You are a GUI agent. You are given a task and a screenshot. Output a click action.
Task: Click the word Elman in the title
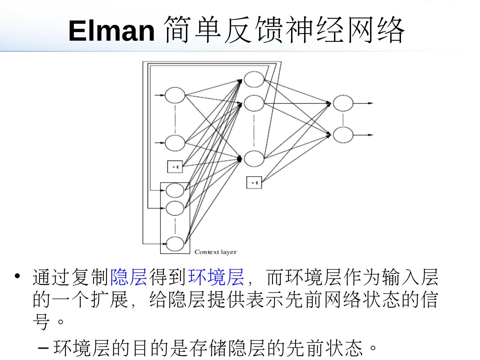[x=112, y=31]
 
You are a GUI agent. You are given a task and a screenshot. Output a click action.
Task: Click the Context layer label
[x=215, y=252]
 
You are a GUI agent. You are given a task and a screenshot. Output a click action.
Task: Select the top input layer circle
[x=175, y=95]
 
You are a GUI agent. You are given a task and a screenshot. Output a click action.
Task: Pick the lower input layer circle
[x=175, y=143]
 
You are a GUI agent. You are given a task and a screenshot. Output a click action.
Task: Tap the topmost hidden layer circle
[x=254, y=79]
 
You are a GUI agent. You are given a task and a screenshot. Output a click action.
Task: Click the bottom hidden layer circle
[x=254, y=159]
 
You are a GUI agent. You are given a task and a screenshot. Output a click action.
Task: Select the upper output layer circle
[x=343, y=103]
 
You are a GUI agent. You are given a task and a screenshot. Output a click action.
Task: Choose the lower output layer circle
[x=343, y=135]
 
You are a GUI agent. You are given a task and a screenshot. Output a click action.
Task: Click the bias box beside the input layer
[x=175, y=166]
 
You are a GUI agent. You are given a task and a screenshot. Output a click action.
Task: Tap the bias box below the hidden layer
[x=254, y=182]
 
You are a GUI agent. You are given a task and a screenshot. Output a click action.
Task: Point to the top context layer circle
[x=175, y=190]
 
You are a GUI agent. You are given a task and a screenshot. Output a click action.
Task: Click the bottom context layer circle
[x=175, y=244]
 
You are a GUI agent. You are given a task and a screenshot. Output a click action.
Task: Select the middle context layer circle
[x=175, y=208]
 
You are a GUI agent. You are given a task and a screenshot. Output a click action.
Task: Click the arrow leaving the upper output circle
[x=363, y=103]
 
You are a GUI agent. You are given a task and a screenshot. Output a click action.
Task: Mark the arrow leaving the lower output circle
[x=363, y=135]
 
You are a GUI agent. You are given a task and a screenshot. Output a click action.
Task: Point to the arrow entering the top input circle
[x=160, y=95]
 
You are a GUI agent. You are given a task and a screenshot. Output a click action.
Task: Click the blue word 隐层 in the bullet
[x=129, y=277]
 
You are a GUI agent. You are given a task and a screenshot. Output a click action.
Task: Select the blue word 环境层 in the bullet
[x=216, y=277]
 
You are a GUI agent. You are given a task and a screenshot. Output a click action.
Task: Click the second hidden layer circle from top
[x=254, y=103]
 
